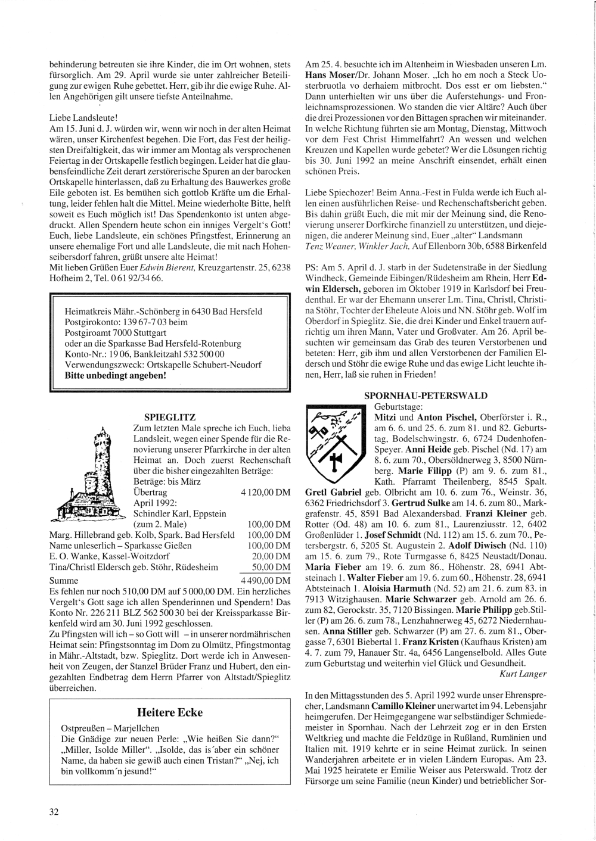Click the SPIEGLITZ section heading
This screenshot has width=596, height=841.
tap(170, 417)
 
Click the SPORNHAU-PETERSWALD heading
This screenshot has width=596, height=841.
tap(426, 395)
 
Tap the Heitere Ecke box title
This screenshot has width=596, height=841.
tap(170, 712)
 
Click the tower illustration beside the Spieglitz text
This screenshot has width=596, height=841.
tap(89, 474)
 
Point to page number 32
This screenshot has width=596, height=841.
tap(54, 811)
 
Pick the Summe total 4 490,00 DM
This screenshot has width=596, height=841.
tap(265, 580)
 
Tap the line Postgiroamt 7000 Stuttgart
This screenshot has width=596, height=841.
tap(115, 333)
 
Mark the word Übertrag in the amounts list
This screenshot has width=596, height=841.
tap(150, 493)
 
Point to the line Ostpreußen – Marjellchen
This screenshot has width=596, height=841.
tap(110, 728)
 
